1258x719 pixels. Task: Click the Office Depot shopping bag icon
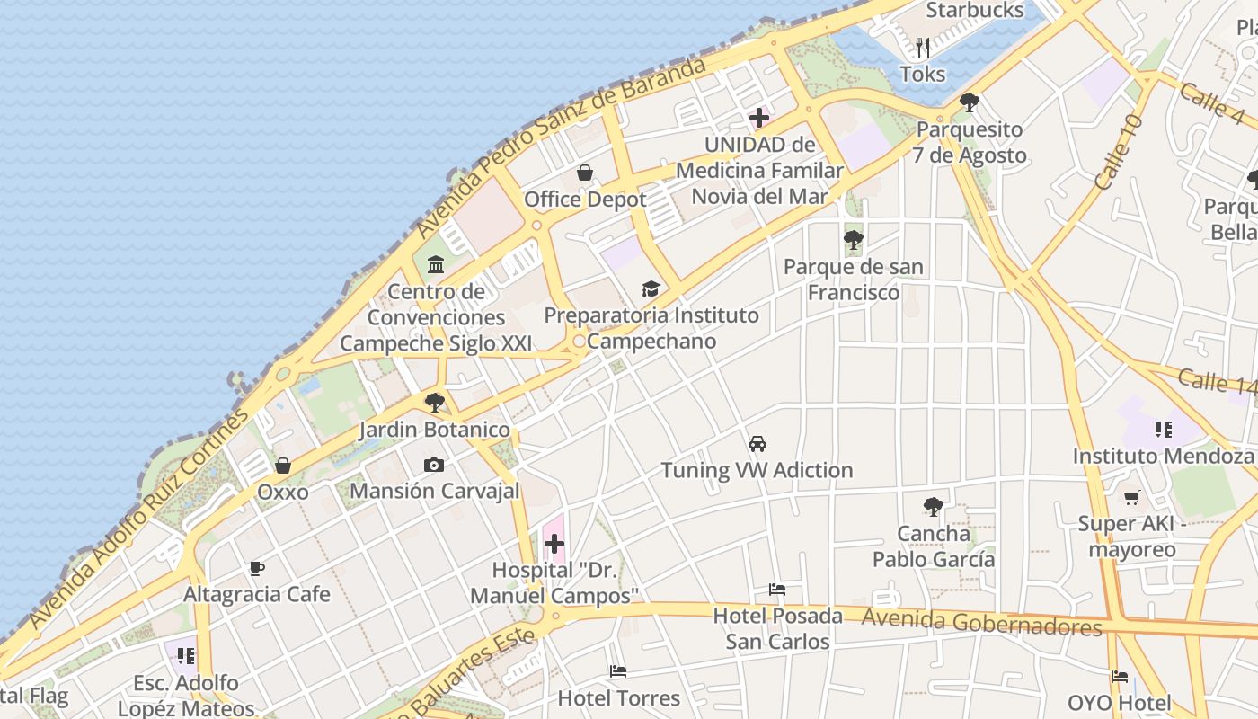click(x=585, y=173)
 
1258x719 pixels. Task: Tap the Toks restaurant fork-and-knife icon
click(x=923, y=48)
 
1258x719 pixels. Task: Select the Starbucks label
click(x=974, y=11)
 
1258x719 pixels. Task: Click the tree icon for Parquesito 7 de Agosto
click(x=969, y=102)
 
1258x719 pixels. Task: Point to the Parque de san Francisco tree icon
click(x=853, y=240)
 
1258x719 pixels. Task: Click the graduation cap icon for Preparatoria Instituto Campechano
click(x=651, y=288)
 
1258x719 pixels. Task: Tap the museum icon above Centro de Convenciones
click(x=436, y=264)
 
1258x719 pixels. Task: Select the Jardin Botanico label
click(x=435, y=430)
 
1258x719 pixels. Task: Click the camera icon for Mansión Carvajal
click(x=434, y=465)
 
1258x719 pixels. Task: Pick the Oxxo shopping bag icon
click(x=283, y=466)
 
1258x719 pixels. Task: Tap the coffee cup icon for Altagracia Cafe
click(x=257, y=568)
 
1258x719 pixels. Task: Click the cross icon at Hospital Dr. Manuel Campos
click(x=554, y=544)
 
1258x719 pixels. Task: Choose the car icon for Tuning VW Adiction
click(x=757, y=444)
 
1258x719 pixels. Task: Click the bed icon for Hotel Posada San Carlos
click(x=777, y=590)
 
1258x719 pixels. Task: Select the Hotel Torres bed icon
click(x=618, y=671)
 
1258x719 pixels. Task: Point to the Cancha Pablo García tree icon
click(x=934, y=507)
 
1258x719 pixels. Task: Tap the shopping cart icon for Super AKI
click(x=1132, y=497)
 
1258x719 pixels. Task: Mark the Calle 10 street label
click(x=1120, y=151)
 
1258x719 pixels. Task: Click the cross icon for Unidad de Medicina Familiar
click(x=759, y=118)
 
